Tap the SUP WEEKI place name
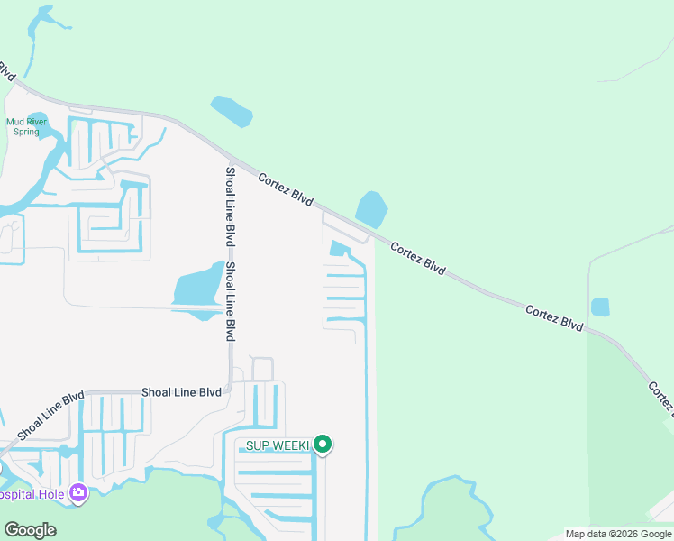tap(278, 445)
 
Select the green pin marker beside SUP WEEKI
tap(323, 445)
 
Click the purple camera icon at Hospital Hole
tap(78, 492)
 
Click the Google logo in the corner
tap(30, 529)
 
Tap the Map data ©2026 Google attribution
tap(617, 534)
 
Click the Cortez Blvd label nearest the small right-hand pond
tap(554, 318)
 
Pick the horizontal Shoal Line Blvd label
tap(181, 392)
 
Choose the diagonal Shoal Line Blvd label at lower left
tap(50, 414)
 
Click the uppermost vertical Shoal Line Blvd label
tap(230, 206)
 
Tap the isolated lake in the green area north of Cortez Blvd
tap(232, 111)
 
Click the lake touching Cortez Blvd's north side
tap(371, 209)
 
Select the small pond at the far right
tap(600, 307)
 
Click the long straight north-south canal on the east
tap(366, 406)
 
